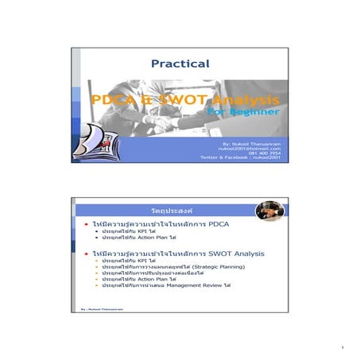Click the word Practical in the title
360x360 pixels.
[x=180, y=64]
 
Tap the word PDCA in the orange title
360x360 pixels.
[x=117, y=101]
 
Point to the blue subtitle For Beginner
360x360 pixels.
[x=243, y=112]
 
